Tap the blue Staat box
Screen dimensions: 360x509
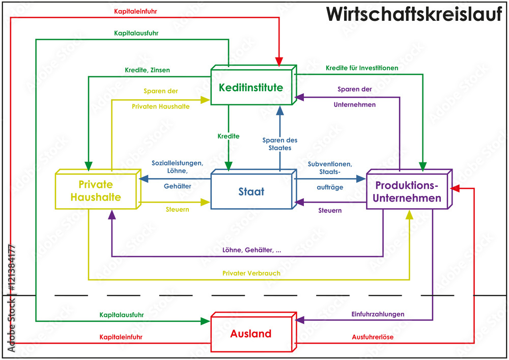251,192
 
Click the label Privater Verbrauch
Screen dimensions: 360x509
251,273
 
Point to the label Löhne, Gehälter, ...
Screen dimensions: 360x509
252,250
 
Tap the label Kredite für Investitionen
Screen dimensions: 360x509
362,67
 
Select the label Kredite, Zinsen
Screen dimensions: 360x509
147,70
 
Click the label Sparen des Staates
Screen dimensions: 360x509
280,144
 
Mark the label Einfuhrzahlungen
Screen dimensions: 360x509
378,314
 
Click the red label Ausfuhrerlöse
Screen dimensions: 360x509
373,337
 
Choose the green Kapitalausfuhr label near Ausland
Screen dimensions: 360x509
122,315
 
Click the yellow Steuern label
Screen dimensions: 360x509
178,209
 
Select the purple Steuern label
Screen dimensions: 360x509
330,210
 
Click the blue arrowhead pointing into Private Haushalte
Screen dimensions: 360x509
144,178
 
